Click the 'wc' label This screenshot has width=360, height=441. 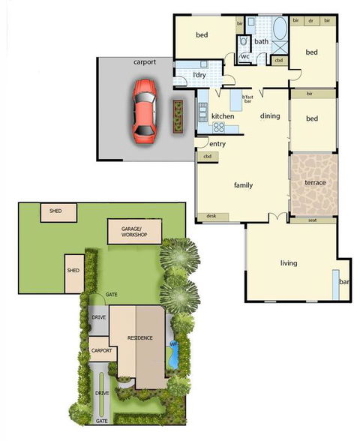point(245,56)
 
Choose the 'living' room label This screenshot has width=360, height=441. point(289,263)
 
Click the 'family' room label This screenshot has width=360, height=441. point(243,185)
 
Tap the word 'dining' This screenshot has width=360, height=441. point(270,116)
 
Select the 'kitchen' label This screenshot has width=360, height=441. point(223,116)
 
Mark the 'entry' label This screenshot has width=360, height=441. point(218,143)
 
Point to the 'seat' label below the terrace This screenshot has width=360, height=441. point(312,220)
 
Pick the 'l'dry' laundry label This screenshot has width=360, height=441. point(199,76)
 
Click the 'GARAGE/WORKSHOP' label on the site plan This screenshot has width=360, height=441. point(136,232)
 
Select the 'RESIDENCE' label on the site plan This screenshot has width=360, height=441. point(140,337)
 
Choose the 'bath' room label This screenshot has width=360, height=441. point(261,42)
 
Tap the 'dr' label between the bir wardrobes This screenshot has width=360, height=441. point(310,20)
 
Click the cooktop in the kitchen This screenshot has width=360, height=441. point(219,127)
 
